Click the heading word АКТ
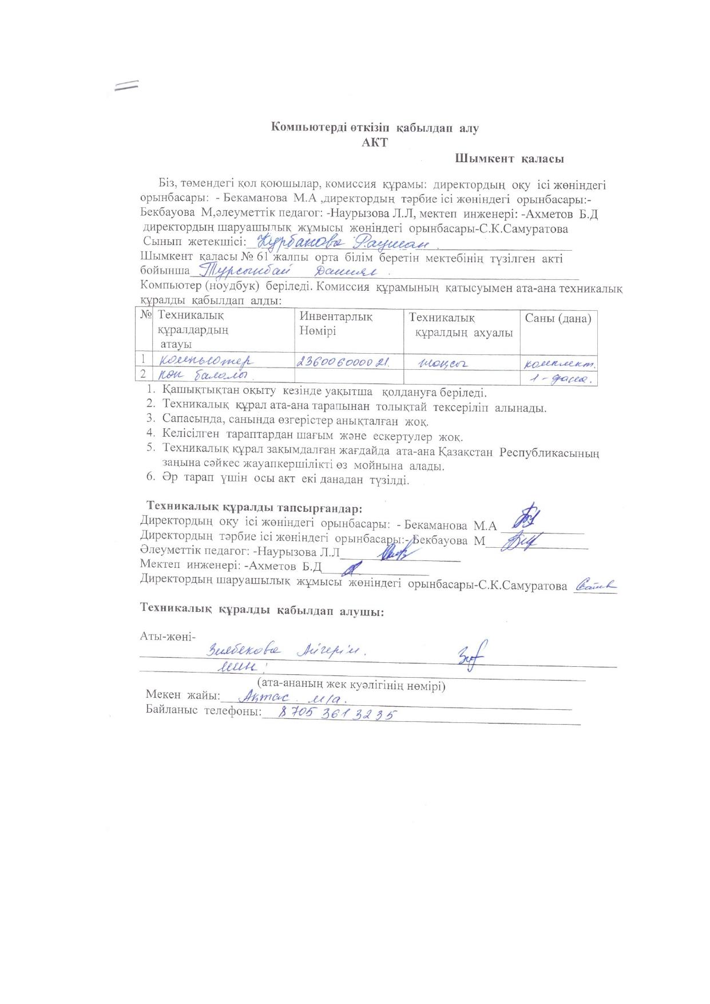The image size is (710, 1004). [x=374, y=143]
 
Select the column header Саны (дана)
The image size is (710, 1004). [x=558, y=319]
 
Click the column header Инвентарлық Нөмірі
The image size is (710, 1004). [x=336, y=324]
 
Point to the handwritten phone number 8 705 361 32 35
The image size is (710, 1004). [x=337, y=714]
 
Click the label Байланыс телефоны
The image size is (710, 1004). [x=203, y=711]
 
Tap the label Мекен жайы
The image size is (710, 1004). [x=183, y=695]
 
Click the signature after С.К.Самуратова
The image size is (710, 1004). [x=596, y=586]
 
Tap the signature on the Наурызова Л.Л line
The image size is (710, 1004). [x=395, y=553]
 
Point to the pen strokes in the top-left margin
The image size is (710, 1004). [x=126, y=85]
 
